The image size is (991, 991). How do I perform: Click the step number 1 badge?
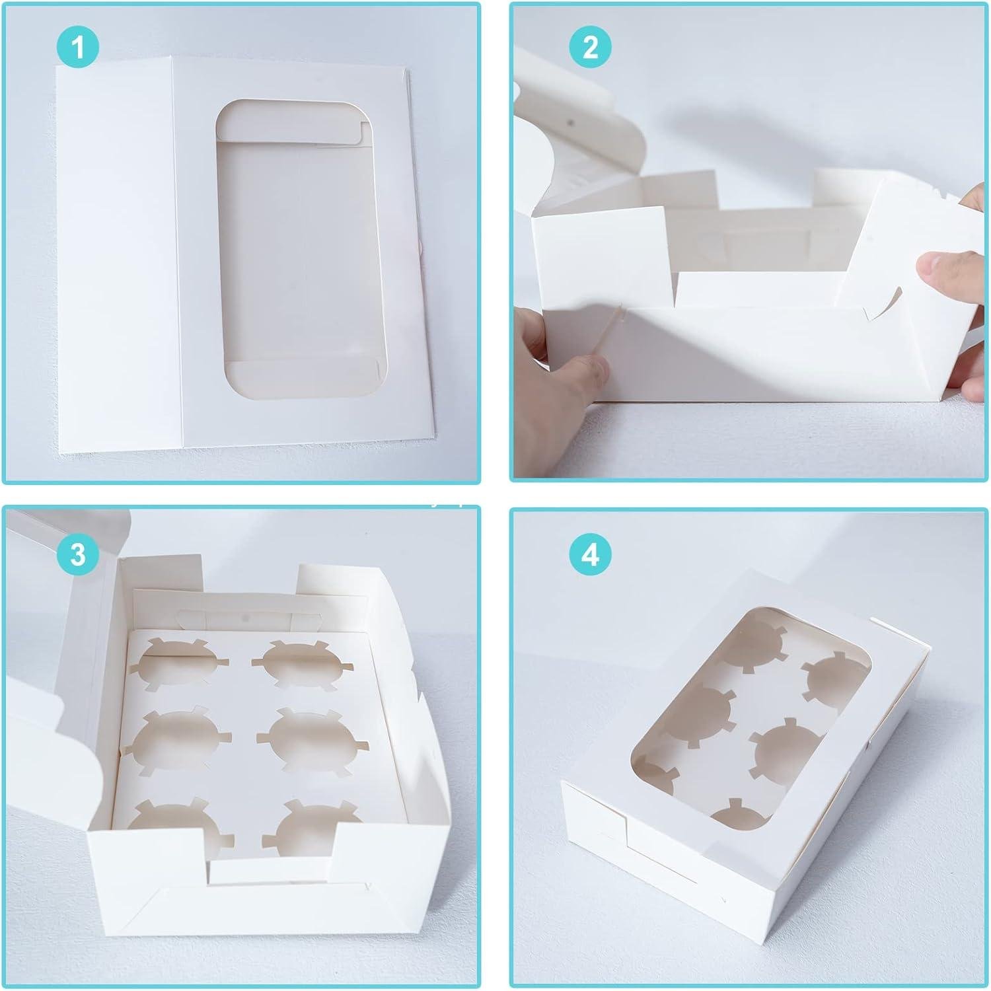[x=78, y=48]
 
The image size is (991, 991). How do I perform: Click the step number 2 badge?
[x=590, y=48]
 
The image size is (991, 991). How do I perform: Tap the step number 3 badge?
[x=78, y=554]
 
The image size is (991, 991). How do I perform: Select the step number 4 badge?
[x=590, y=554]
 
